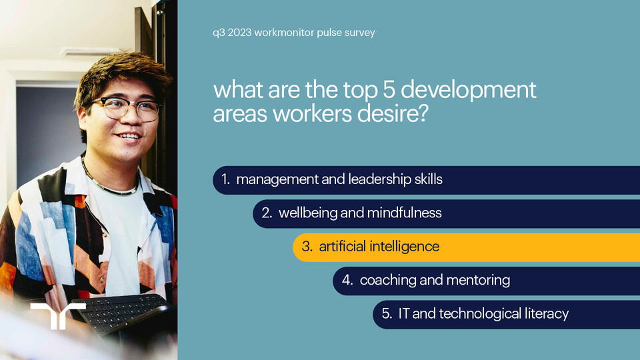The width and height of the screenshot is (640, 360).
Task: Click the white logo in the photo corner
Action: tap(58, 315)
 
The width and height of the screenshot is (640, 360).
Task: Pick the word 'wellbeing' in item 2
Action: tap(307, 213)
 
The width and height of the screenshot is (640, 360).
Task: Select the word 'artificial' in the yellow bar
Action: tap(344, 247)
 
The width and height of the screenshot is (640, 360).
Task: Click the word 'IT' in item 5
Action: tap(403, 313)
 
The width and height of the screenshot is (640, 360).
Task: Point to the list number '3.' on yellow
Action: tap(307, 247)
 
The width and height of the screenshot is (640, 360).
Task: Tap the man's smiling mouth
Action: tap(129, 136)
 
